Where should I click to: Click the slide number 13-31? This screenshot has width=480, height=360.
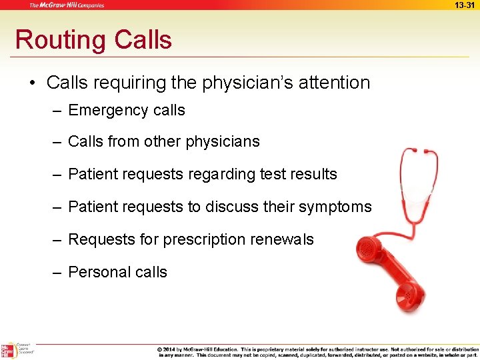[465, 5]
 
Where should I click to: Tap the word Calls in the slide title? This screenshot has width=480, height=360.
[143, 39]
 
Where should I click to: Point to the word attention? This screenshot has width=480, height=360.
[333, 83]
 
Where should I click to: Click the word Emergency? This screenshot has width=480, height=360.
[107, 110]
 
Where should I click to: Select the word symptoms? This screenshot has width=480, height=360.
[337, 207]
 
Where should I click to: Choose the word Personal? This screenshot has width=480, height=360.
[98, 272]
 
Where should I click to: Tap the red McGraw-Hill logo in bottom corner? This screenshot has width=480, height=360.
[7, 351]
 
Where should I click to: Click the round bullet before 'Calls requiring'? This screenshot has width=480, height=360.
[32, 83]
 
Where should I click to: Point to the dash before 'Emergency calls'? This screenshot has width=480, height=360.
[59, 111]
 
